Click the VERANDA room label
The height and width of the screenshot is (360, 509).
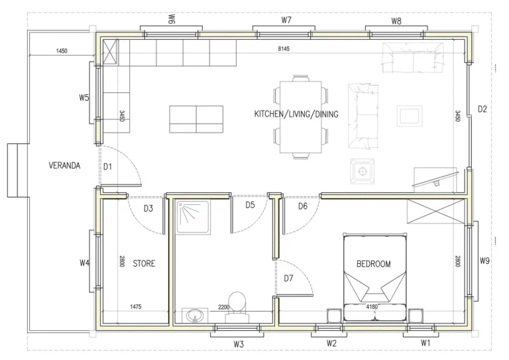(x=64, y=166)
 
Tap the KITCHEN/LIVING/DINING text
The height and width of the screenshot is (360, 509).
(x=296, y=114)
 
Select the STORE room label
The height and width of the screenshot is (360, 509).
(x=144, y=263)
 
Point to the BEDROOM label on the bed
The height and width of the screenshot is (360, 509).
(x=373, y=264)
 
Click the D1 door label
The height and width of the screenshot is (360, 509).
(x=107, y=167)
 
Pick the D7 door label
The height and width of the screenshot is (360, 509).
(x=288, y=278)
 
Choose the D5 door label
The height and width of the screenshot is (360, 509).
(x=250, y=205)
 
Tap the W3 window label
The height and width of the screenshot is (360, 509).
(x=239, y=344)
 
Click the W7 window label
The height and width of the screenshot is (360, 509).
(x=286, y=20)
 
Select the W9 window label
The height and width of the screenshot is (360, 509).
(x=484, y=261)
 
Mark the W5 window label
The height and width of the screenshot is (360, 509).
(x=84, y=97)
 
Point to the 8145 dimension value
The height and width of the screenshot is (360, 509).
(x=284, y=48)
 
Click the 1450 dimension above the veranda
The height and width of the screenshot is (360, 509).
(x=62, y=50)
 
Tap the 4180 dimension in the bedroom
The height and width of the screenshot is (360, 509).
(x=372, y=306)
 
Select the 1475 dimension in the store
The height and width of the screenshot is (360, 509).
(x=135, y=306)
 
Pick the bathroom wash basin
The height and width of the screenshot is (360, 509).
(x=195, y=315)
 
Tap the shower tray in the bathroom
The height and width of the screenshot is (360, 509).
(x=192, y=217)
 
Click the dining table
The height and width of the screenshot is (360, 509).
(x=301, y=117)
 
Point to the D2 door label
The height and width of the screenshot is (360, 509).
(x=482, y=109)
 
